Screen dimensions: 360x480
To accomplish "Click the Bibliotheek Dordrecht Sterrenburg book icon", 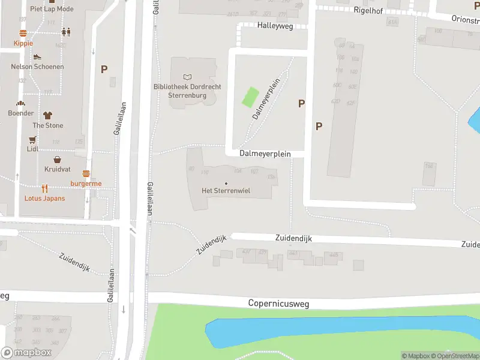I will pos(188,77).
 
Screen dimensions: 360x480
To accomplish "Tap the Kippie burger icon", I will pos(23,34).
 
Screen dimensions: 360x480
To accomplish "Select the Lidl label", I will pos(33,148).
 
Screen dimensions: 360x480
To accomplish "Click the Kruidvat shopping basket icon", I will pos(57,160).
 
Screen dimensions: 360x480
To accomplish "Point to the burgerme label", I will pos(86,183).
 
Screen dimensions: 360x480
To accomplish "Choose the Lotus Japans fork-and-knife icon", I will pos(45,188).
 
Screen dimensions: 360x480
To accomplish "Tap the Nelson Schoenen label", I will pos(37,67).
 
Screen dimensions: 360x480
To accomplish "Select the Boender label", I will pos(20,113).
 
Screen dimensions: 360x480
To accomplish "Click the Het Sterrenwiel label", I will pos(226,191).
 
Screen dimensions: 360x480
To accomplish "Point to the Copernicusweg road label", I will pos(278,304).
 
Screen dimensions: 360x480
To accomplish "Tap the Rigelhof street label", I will pos(368,10).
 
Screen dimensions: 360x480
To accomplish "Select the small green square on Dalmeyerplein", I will pos(250,97).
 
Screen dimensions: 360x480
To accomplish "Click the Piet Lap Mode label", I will pos(52,9).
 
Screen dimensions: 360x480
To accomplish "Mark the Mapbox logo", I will pos(26,352).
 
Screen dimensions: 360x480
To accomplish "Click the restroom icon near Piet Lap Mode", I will pos(65,32).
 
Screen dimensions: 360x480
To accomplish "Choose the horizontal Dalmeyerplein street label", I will pos(265,154).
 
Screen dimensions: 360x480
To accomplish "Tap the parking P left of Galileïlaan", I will pos(104,70).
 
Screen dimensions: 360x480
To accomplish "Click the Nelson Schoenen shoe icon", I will pos(37,56).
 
